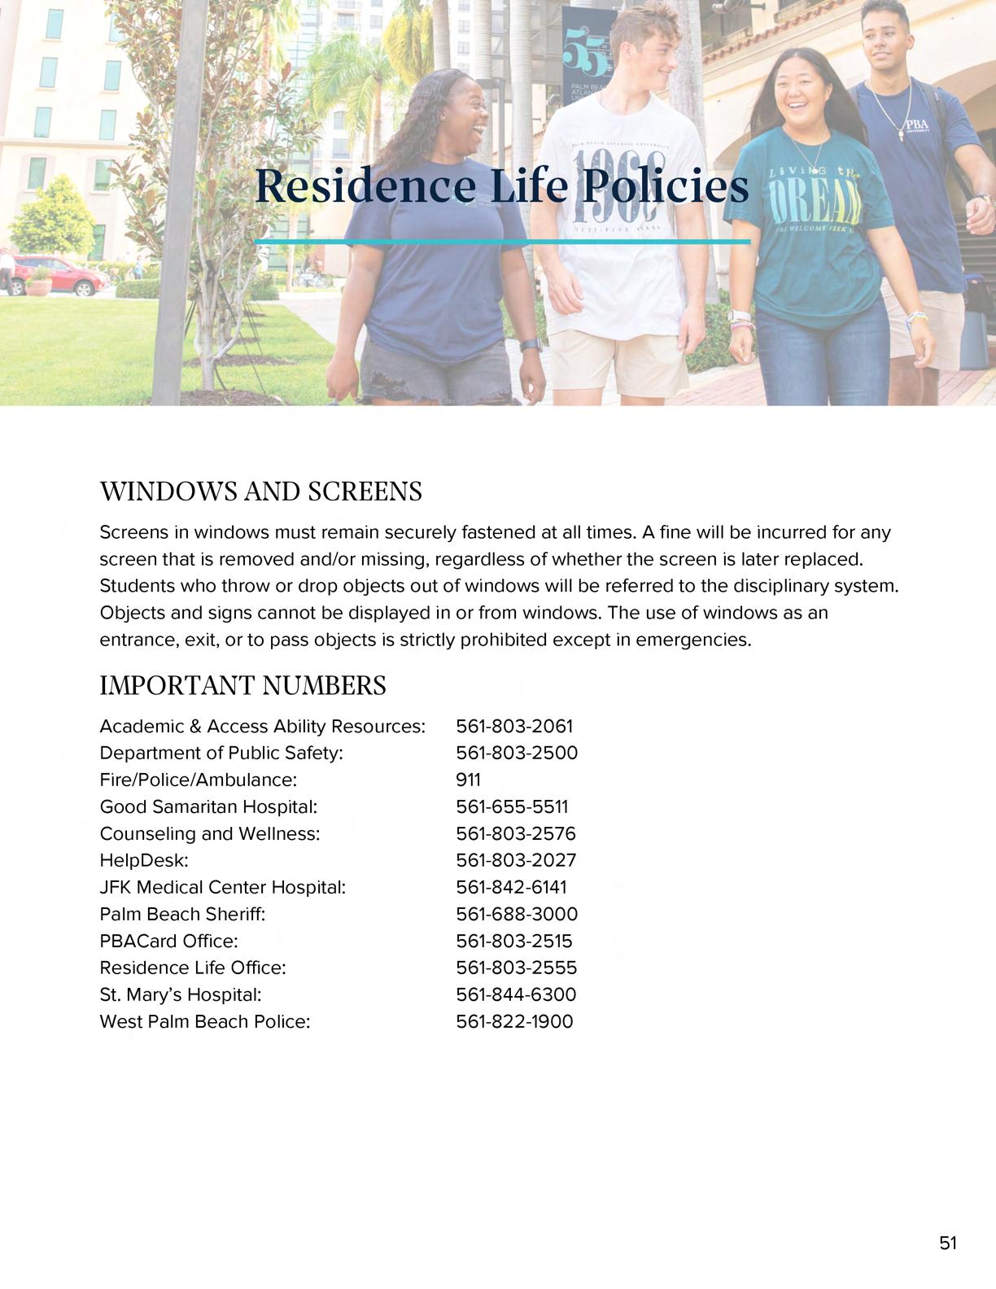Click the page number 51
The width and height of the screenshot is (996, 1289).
[948, 1243]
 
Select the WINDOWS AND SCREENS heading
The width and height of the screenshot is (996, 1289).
[260, 492]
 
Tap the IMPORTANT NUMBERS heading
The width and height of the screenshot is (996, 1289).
[242, 686]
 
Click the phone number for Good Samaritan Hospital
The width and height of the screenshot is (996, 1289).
[512, 806]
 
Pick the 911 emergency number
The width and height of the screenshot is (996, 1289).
[468, 780]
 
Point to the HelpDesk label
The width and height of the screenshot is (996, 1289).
[144, 860]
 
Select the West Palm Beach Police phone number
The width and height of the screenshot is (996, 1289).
[514, 1021]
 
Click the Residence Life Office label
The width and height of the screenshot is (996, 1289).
[193, 968]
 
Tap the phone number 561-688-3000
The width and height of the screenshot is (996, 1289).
[517, 914]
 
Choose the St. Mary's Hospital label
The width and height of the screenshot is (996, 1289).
[181, 994]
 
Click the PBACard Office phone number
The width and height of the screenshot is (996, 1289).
[513, 941]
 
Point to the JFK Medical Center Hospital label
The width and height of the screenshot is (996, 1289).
[223, 887]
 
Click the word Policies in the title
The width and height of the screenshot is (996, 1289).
[666, 186]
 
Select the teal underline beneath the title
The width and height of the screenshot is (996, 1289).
[502, 242]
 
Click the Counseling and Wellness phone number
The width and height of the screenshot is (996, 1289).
[516, 833]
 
